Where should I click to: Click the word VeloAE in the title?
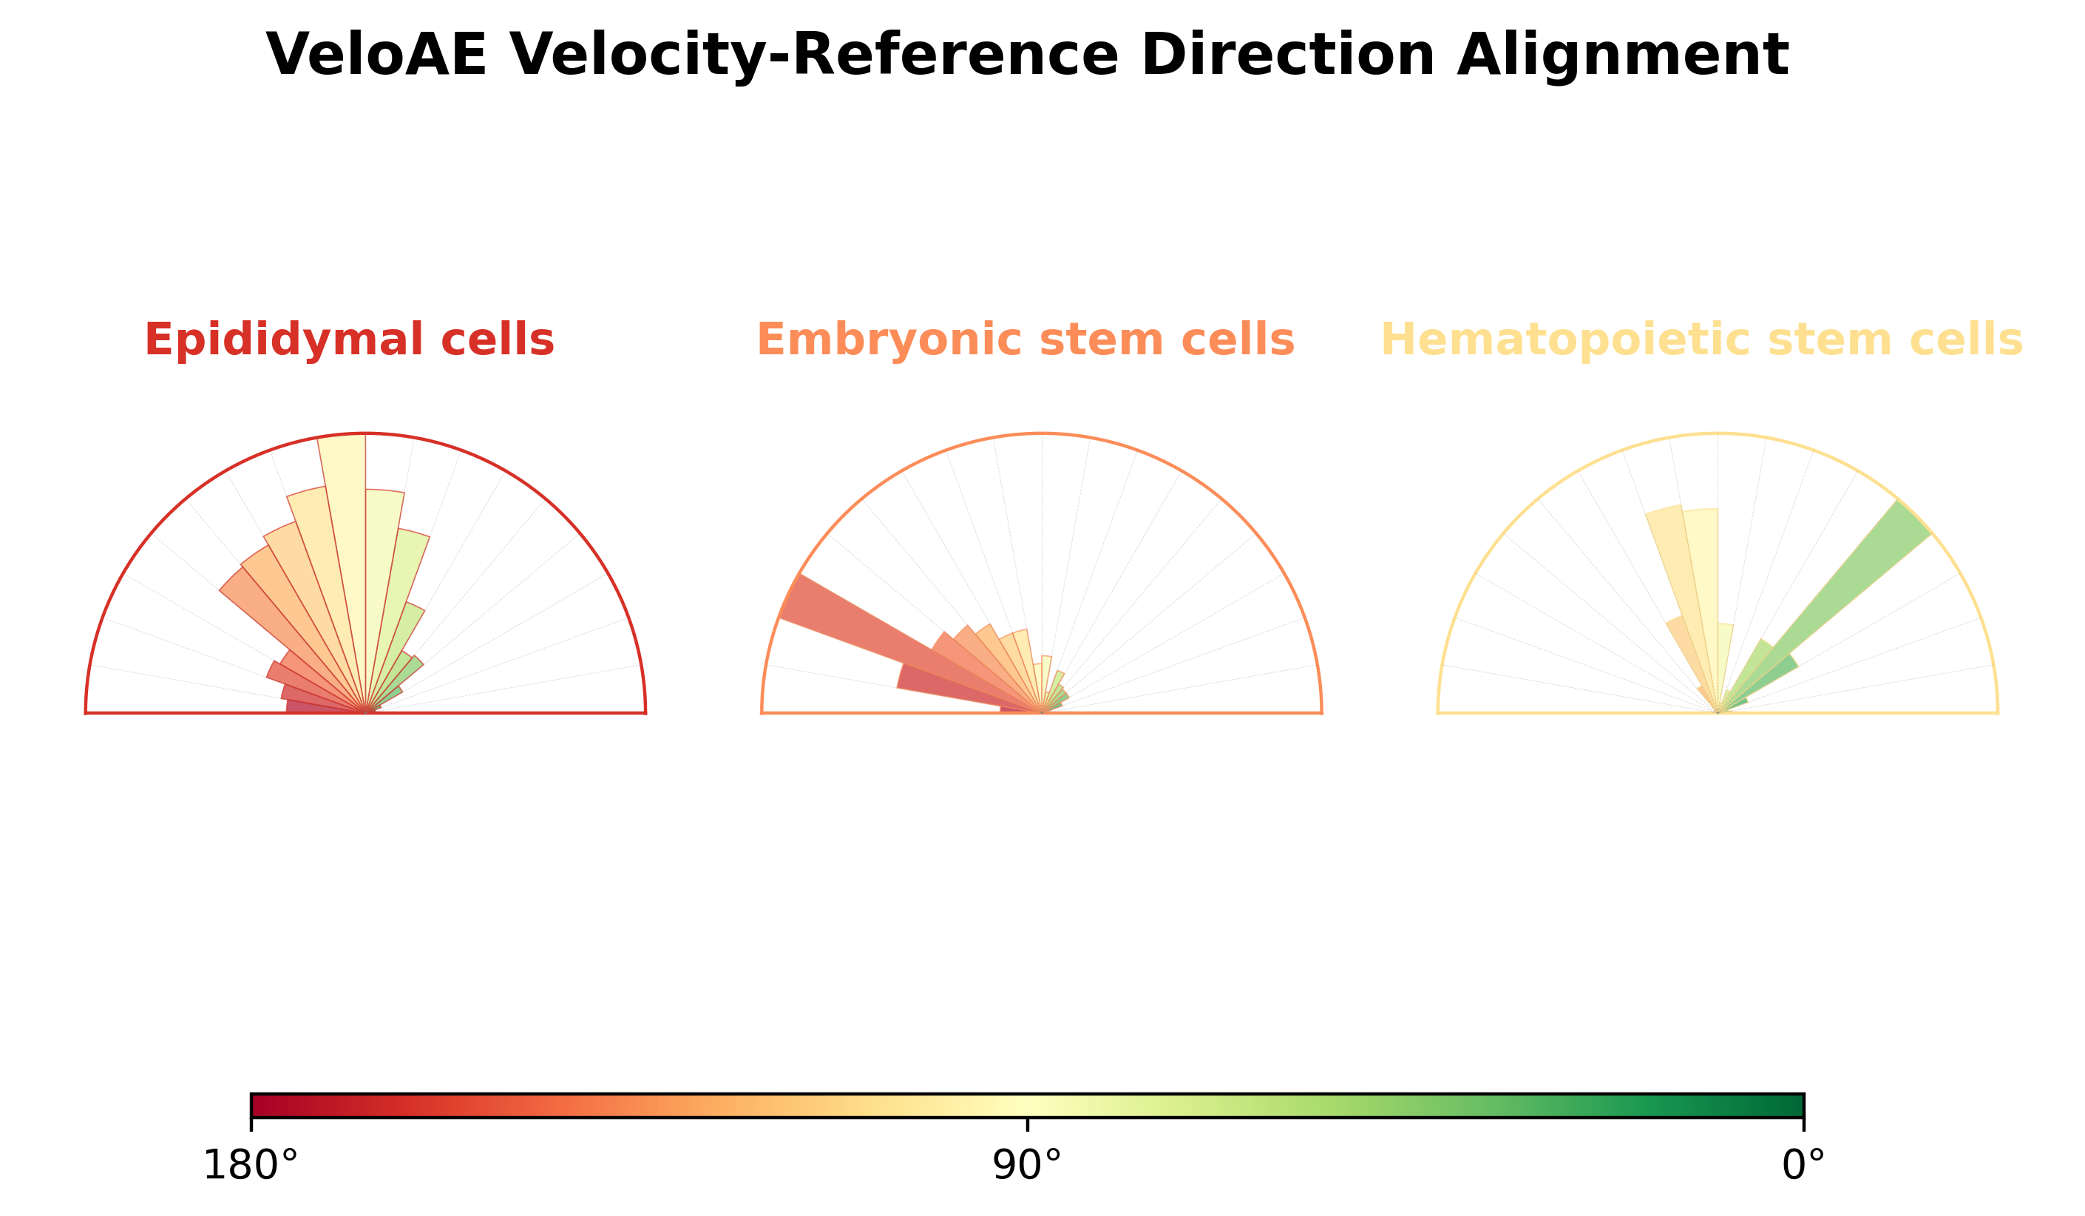point(376,55)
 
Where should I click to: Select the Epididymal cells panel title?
point(349,340)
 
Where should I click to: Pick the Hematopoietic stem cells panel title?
point(1702,340)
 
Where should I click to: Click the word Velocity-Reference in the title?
point(813,55)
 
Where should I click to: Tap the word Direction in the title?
point(1287,55)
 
